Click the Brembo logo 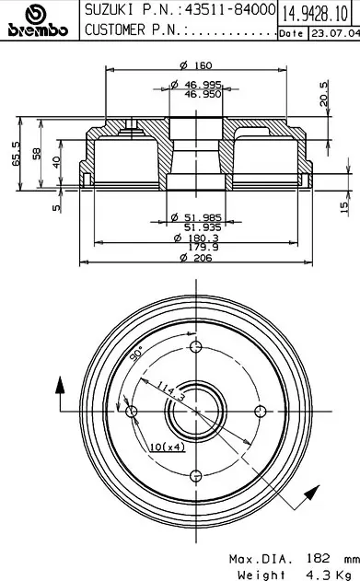(x=38, y=20)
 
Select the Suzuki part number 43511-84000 (x=230, y=10)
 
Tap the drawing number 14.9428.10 (x=315, y=14)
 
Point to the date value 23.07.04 (x=335, y=33)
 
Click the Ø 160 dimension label (x=196, y=65)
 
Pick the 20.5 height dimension (x=324, y=94)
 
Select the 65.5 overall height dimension (x=17, y=154)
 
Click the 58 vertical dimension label (x=36, y=154)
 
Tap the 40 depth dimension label (x=56, y=162)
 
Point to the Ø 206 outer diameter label (x=196, y=258)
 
